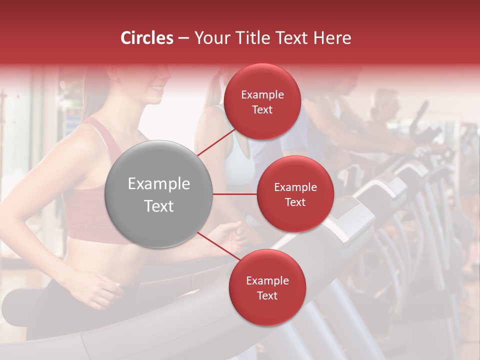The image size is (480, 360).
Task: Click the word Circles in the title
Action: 146,38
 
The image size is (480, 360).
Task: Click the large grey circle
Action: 158,194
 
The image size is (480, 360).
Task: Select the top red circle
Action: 262,102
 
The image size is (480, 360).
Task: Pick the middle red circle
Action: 295,194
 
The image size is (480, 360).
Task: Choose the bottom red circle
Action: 267,287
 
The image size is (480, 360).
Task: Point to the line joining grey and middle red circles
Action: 234,194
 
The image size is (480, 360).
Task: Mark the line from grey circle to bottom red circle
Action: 218,247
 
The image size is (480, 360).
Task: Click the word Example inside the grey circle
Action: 158,184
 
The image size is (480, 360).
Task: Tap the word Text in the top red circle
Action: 262,109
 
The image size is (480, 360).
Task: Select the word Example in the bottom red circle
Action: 267,280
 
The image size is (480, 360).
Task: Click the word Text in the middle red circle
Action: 295,202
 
